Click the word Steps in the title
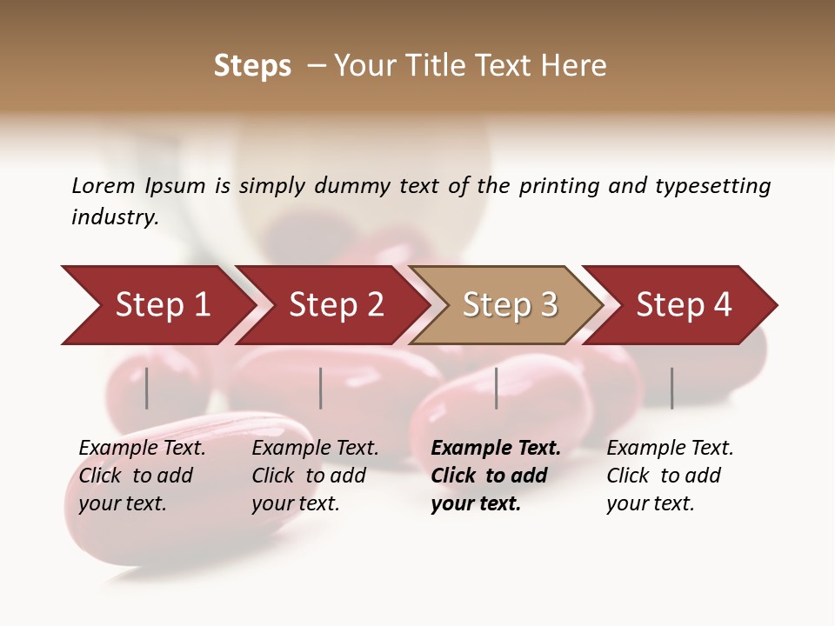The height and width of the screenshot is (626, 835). (252, 66)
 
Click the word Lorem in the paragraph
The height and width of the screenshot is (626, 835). (104, 185)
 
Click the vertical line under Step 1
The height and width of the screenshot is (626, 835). (147, 388)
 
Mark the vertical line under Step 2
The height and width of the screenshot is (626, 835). (321, 388)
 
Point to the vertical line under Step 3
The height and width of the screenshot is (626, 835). (497, 388)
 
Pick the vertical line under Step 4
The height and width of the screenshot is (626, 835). (672, 388)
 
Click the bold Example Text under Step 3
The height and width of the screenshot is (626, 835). (496, 448)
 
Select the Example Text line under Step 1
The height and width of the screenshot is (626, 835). (142, 448)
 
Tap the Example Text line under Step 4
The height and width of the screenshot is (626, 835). (670, 448)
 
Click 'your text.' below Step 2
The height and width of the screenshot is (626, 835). (296, 503)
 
